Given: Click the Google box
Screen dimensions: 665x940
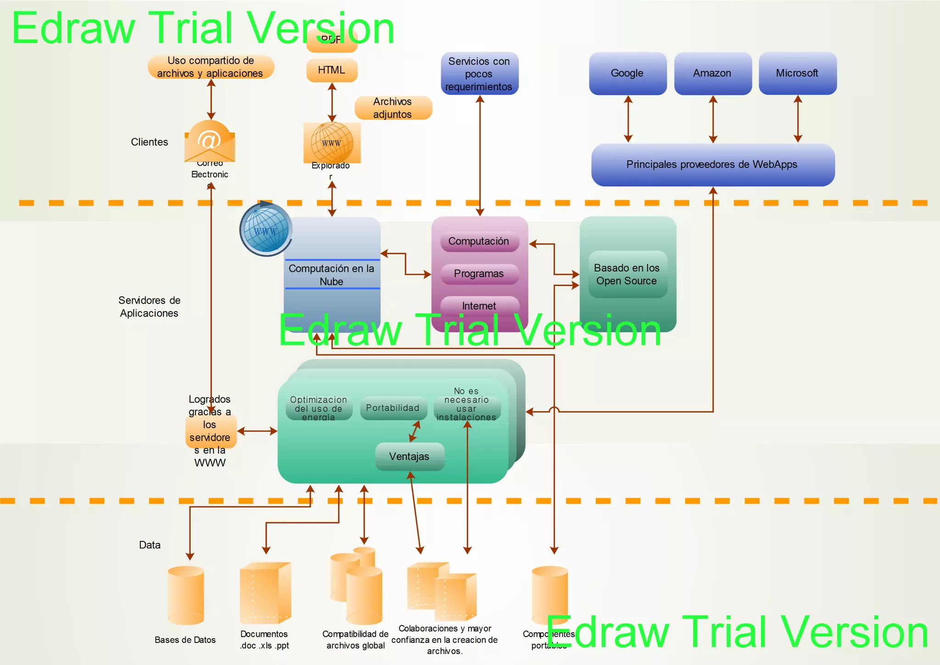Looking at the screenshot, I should click(627, 73).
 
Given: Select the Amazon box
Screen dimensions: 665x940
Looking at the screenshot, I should click(712, 73).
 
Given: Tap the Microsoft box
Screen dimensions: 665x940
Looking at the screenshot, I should click(797, 73).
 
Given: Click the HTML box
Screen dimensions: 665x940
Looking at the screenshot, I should click(331, 70).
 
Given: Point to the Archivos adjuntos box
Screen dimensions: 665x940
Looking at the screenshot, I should click(393, 108).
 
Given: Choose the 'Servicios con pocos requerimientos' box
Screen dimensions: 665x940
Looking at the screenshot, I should click(479, 74).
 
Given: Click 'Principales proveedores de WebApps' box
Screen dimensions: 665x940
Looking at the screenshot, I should click(712, 164).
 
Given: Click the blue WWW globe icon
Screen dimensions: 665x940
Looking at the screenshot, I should click(265, 229).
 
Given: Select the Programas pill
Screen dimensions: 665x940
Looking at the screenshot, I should click(479, 274).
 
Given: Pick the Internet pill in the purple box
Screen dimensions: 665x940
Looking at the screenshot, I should click(479, 305).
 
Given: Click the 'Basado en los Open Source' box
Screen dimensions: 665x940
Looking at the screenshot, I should click(627, 274).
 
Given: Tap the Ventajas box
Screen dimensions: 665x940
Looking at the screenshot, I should click(409, 456).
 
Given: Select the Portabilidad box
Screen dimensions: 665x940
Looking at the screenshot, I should click(393, 408).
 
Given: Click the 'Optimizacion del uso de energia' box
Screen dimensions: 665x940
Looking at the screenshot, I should click(319, 408).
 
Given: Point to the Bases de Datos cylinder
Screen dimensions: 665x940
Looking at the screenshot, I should click(186, 596).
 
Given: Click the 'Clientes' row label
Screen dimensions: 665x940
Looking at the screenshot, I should click(150, 142).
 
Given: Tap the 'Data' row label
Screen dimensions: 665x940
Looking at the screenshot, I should click(150, 545).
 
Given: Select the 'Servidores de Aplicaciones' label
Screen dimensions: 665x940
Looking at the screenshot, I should click(150, 307).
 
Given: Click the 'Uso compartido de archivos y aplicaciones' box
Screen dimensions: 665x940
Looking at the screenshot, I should click(211, 67).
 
